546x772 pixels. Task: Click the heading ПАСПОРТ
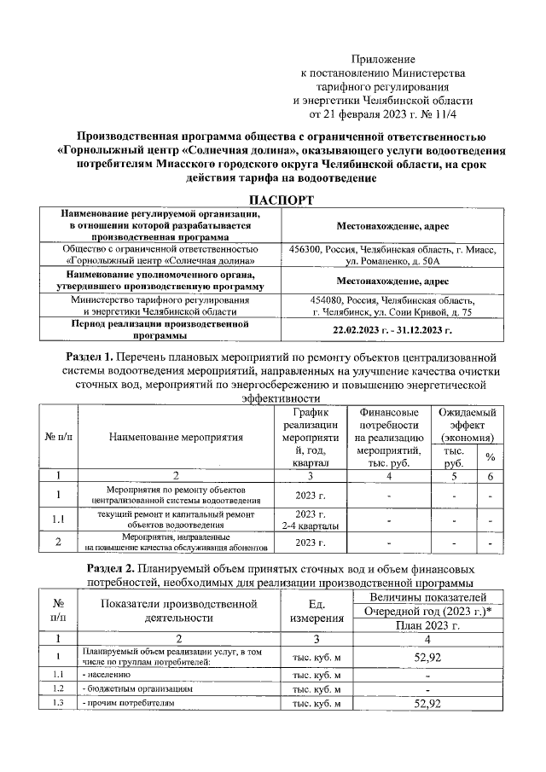click(x=273, y=200)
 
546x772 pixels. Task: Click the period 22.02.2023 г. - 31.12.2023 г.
click(x=392, y=329)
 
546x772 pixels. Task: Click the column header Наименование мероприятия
click(x=177, y=437)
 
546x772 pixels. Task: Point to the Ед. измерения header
click(x=316, y=612)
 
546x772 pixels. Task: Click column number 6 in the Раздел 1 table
click(x=491, y=475)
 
